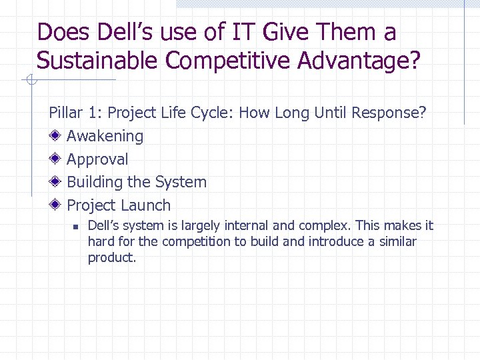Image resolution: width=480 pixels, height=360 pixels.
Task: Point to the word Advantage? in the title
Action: point(359,61)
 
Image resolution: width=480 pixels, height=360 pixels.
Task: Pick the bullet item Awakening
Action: point(105,136)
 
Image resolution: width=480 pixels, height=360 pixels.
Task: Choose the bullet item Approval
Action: point(97,159)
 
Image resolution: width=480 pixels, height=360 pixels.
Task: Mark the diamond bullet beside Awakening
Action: point(57,136)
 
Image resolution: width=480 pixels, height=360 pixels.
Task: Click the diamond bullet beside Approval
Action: point(57,159)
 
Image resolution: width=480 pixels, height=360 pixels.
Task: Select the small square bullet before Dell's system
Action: point(76,227)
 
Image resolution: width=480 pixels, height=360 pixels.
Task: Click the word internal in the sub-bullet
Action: point(248,225)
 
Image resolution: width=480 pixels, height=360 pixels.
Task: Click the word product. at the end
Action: point(112,257)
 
